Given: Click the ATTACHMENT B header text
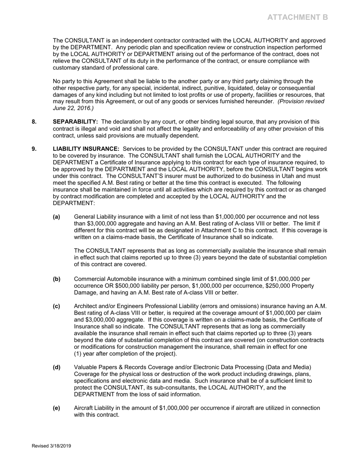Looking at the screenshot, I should [297, 17].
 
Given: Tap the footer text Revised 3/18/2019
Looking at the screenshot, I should [51, 446].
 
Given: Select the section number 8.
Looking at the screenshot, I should [34, 122].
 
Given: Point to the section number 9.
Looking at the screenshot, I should [34, 149].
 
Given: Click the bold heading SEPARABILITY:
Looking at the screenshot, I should [75, 122].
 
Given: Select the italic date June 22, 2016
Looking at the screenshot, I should [72, 108].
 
